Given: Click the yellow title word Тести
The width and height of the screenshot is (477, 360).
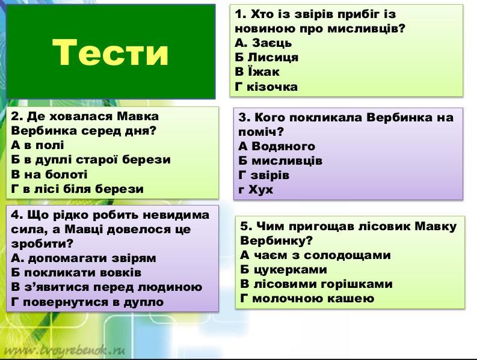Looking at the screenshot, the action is [x=110, y=52].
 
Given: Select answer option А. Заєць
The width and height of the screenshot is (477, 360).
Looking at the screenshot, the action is [x=263, y=43].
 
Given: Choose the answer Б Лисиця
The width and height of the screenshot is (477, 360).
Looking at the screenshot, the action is [x=266, y=57].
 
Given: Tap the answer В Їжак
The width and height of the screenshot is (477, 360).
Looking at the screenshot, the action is [x=257, y=72].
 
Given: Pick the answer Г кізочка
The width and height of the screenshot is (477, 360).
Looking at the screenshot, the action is [x=266, y=87].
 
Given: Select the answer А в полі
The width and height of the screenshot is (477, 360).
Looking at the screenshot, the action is [x=37, y=145].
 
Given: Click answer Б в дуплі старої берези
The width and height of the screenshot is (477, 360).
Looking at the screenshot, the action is [x=91, y=160].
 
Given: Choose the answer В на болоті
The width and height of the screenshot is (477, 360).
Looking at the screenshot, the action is [x=49, y=174].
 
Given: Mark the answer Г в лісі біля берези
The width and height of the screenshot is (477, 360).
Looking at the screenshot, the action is [x=77, y=189].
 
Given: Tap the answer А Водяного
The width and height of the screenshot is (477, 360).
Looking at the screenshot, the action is [x=277, y=146].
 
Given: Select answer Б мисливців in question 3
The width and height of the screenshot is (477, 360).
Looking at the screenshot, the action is [x=280, y=160].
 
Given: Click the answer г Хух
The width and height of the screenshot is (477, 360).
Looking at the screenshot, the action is [x=256, y=190].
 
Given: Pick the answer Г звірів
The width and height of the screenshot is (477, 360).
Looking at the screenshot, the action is [x=263, y=175].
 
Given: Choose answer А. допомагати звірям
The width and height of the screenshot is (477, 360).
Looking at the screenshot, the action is [x=84, y=258].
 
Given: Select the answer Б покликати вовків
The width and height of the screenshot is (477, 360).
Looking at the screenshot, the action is [x=76, y=272].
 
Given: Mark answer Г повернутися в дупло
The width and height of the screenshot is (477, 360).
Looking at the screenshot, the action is [x=87, y=302].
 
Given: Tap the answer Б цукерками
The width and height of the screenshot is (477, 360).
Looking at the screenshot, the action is [x=283, y=269].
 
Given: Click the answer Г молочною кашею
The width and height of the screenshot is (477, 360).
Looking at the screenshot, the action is [x=307, y=298].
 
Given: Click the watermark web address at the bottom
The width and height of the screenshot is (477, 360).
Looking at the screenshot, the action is [x=65, y=350].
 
